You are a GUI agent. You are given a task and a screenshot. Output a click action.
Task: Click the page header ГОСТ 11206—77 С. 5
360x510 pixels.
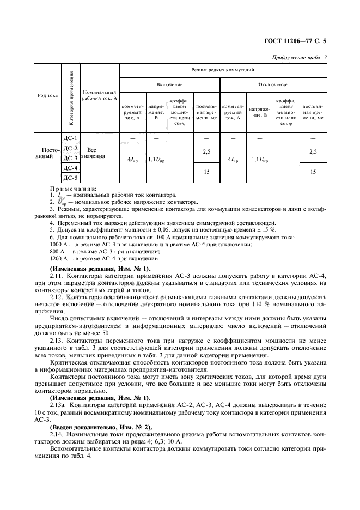[x=309, y=40]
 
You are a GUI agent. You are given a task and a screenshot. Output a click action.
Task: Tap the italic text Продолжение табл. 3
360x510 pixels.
[x=311, y=57]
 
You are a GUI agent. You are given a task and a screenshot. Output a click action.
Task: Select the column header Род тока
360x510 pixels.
[x=47, y=95]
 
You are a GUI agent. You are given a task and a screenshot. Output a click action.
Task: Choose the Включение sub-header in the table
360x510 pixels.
[x=169, y=85]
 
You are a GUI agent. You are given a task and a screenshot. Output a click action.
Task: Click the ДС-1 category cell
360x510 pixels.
[x=71, y=138]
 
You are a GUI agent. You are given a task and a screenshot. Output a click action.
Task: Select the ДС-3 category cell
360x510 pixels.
[x=71, y=158]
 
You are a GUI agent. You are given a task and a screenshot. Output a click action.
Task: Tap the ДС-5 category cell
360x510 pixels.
[x=71, y=178]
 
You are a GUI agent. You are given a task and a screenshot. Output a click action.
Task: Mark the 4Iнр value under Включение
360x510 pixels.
[x=132, y=159]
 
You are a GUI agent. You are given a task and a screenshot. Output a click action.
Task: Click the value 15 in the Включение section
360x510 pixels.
[x=206, y=172]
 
